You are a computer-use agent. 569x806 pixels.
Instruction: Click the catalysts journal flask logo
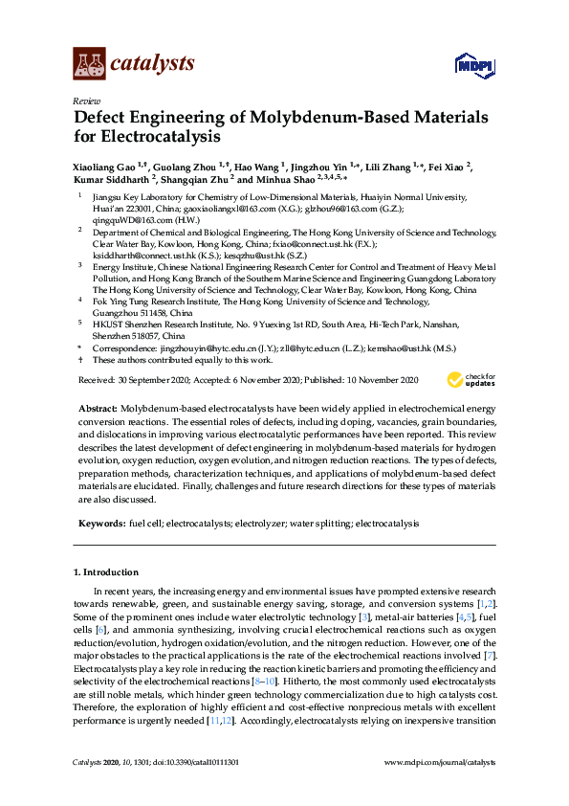click(x=88, y=63)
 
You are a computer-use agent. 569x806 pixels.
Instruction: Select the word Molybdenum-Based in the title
click(x=349, y=118)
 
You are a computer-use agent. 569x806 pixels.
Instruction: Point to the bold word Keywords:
click(x=99, y=524)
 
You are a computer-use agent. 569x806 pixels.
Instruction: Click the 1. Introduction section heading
click(x=106, y=572)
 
